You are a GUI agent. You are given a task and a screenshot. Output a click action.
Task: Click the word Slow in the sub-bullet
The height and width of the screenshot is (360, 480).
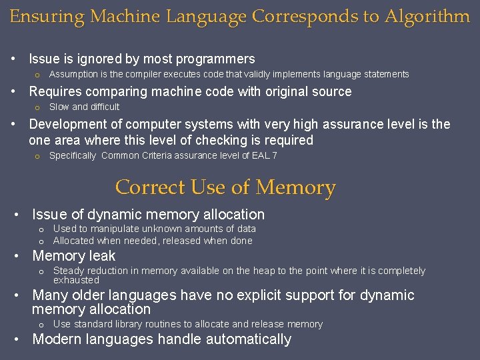[x=59, y=107]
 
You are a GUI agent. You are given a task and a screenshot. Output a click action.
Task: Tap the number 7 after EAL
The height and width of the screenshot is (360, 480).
[x=275, y=155]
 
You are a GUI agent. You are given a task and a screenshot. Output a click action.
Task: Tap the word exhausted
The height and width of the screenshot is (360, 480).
[x=76, y=280]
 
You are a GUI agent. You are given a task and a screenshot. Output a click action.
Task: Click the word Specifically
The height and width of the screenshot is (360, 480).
[x=73, y=155]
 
